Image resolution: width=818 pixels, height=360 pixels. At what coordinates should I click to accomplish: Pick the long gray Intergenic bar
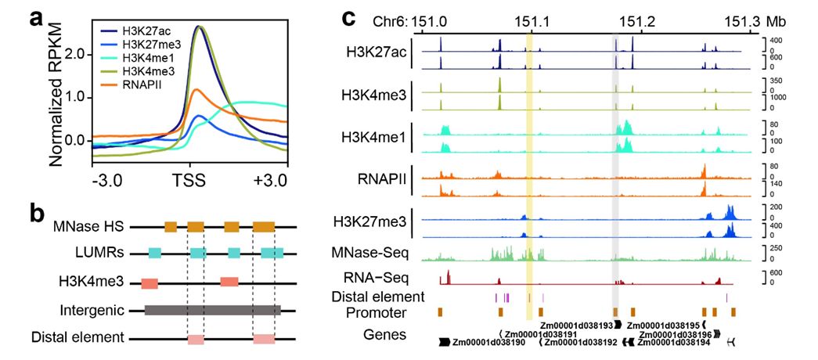click(212, 311)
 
